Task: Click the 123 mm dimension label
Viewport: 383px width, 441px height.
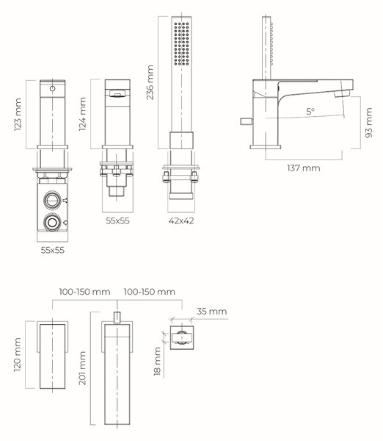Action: point(18,115)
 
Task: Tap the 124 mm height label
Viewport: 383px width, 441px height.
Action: point(82,114)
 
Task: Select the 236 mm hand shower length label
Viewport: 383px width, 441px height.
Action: point(150,82)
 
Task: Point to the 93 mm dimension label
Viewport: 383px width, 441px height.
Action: point(368,123)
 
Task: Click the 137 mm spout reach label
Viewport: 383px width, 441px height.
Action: point(304,168)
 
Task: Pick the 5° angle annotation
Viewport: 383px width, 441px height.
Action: point(310,112)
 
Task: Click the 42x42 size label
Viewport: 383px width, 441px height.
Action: point(181,220)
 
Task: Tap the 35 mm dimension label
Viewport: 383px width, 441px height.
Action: point(212,312)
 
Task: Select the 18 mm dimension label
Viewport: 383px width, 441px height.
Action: point(157,362)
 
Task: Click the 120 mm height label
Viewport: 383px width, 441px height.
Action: point(18,355)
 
